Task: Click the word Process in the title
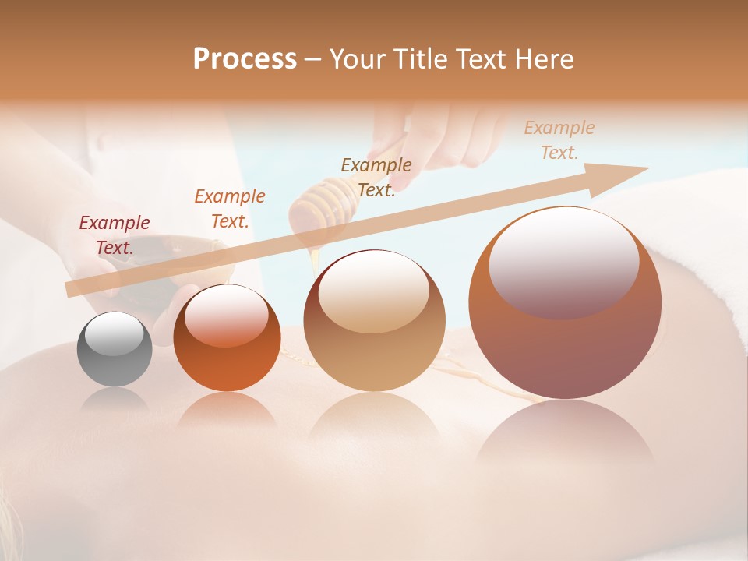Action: click(245, 59)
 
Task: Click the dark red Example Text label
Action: click(115, 235)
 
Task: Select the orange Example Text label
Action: click(230, 208)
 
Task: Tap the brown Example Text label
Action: click(376, 177)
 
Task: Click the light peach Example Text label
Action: click(559, 139)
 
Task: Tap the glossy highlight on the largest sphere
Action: click(563, 260)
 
